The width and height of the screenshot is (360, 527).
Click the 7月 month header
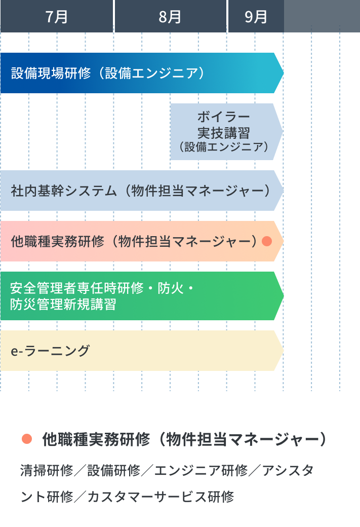[56, 17]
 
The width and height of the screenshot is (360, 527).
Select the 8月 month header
[170, 17]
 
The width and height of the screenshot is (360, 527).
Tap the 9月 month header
[255, 17]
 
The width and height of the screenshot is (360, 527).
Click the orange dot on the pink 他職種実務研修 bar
[267, 241]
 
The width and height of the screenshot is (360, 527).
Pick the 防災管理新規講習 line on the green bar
[63, 304]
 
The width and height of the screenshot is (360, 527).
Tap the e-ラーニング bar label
[50, 351]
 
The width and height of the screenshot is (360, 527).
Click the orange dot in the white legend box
[27, 439]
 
